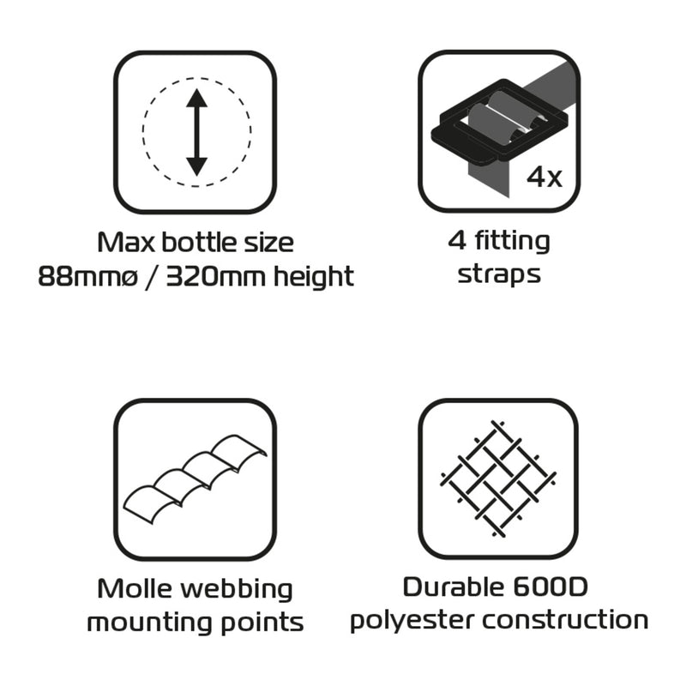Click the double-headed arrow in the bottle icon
coord(196,133)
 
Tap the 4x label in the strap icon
coord(544,178)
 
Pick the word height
coord(313,277)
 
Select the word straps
coord(498,274)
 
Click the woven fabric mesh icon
coord(498,478)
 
